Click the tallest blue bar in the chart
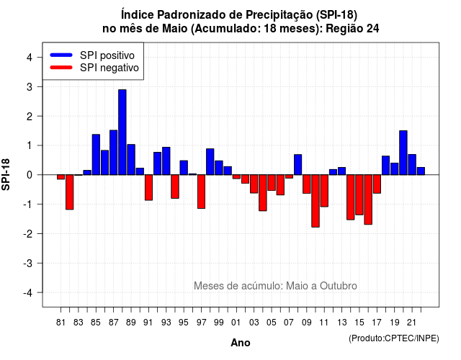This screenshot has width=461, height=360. [122, 132]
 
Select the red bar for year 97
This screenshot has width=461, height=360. [202, 192]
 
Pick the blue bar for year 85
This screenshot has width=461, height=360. [96, 155]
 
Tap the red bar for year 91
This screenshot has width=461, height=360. [149, 187]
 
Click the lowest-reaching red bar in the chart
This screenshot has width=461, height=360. [315, 201]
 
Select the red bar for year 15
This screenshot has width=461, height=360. [359, 195]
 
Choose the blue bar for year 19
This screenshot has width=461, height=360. [395, 168]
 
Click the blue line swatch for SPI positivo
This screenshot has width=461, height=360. [61, 55]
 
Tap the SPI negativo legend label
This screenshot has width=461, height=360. [109, 68]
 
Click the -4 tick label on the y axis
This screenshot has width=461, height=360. [28, 293]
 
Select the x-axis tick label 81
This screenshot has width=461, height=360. [61, 323]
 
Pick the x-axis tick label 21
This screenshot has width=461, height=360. [411, 323]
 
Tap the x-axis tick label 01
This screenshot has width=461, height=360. [236, 323]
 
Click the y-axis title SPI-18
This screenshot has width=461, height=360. [6, 174]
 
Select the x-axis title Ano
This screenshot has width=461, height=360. [241, 343]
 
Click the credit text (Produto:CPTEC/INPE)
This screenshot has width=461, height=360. [394, 338]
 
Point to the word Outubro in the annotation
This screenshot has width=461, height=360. [339, 286]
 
